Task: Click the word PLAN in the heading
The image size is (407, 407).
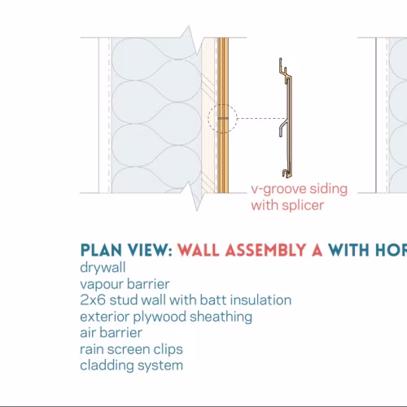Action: coord(101,250)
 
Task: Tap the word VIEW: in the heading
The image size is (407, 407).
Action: coord(151,250)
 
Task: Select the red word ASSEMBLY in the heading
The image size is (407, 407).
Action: coord(265,250)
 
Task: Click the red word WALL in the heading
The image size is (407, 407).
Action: coord(199,250)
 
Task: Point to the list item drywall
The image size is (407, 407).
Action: coord(103,268)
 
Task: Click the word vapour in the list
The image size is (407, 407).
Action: coord(102,284)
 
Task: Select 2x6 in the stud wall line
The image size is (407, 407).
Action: coord(93,300)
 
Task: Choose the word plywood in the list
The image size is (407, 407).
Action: coord(160,317)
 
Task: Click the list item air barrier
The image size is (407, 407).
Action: coord(112,333)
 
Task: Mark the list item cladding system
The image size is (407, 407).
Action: coord(132,365)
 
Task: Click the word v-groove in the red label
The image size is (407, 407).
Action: coord(278,189)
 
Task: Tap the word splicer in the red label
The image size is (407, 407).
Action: coord(303,205)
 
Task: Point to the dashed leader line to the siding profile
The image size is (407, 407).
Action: coord(261,119)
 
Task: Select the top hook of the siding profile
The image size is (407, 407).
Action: coord(282,67)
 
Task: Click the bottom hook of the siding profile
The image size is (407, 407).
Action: coord(286,173)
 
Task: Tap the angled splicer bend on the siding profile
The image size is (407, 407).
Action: coord(282,127)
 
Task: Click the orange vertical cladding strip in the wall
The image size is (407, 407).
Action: coord(223,116)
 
